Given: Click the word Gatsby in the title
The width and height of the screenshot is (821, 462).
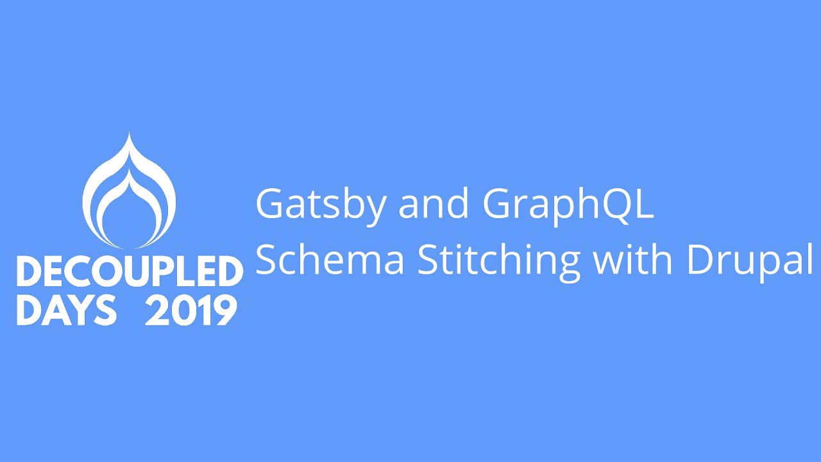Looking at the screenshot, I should click(320, 204).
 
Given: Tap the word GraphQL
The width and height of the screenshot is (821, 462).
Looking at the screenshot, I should click(568, 204).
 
